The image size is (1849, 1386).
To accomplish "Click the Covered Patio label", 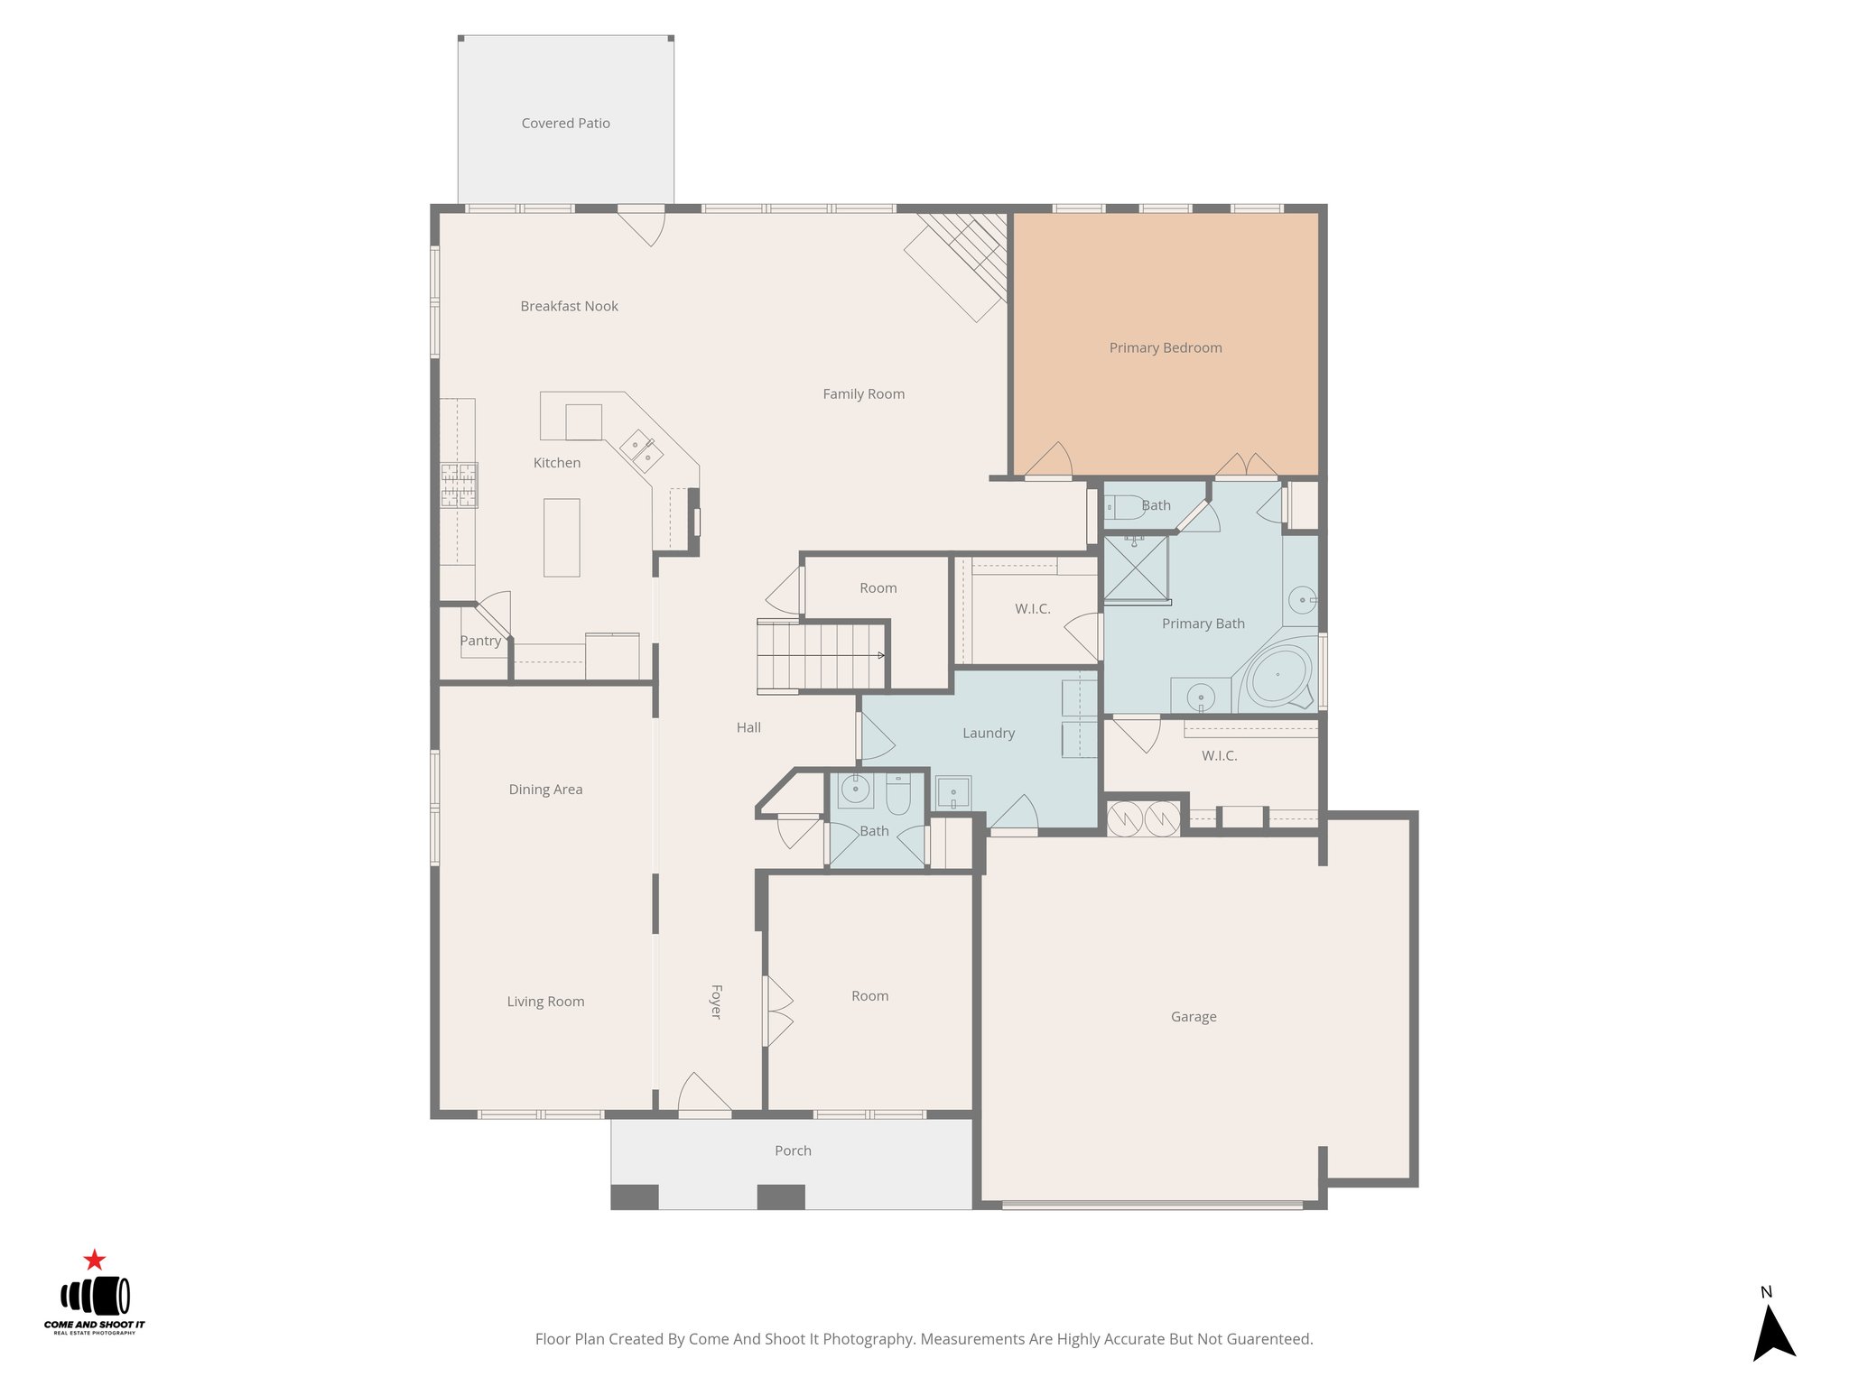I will click(x=565, y=124).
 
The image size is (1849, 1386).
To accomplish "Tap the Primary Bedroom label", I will click(x=1165, y=348).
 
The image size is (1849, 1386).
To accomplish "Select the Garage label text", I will click(x=1193, y=1017).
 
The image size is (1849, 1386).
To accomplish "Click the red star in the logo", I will click(x=95, y=1260).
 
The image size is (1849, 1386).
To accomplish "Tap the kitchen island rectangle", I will click(x=561, y=538).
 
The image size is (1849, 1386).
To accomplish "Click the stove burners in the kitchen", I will click(x=459, y=485).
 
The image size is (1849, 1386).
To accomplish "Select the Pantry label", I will click(x=480, y=641).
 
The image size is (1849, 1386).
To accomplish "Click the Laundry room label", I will click(x=988, y=734).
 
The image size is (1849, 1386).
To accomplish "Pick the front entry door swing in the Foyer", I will click(x=704, y=1094).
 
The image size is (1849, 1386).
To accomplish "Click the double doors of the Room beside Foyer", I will click(x=778, y=1011).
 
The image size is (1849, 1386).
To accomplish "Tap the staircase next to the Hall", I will click(x=821, y=656).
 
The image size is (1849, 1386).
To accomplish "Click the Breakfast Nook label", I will click(x=569, y=307).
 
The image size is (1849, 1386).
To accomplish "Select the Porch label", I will click(x=793, y=1151).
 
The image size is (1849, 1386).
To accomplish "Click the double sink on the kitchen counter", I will click(x=641, y=450).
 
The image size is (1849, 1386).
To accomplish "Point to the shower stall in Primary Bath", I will click(x=1136, y=568).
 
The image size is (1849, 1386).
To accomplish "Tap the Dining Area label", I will click(x=545, y=790).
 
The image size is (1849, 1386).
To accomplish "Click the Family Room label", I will click(x=863, y=394).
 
